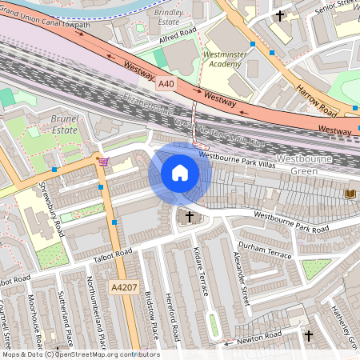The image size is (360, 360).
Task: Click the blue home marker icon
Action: (180, 173)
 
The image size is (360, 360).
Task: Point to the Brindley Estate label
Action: (169, 19)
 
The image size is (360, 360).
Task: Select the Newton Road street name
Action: (264, 336)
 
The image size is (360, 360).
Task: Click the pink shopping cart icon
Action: (103, 161)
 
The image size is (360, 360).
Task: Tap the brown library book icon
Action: (349, 194)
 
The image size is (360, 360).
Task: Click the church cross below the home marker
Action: (190, 216)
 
